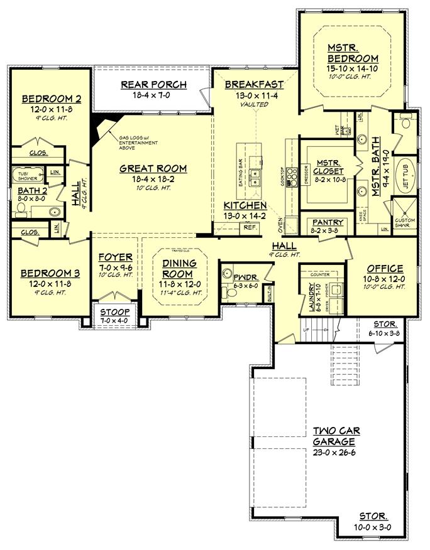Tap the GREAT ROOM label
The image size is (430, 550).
click(x=154, y=168)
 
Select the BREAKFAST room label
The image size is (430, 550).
click(x=253, y=84)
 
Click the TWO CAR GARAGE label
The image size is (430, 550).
click(x=338, y=437)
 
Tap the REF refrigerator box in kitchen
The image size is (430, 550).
click(x=249, y=227)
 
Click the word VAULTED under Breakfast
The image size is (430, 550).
click(x=253, y=104)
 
